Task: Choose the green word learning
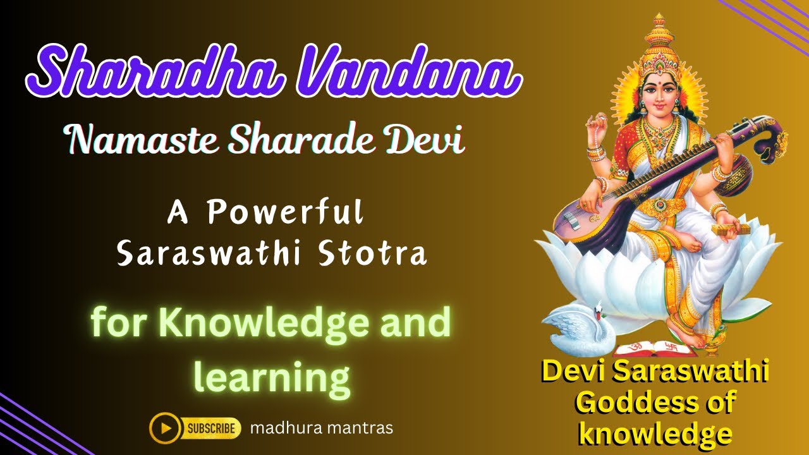point(272,377)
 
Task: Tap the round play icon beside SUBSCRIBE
point(166,428)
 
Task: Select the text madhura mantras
point(321,428)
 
